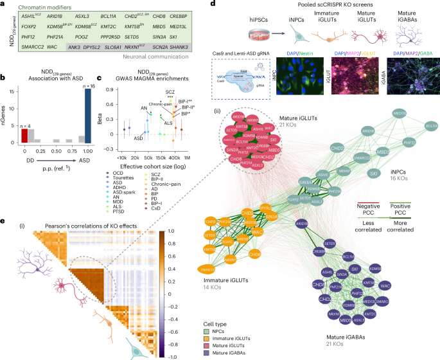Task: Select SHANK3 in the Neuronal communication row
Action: (194, 47)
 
